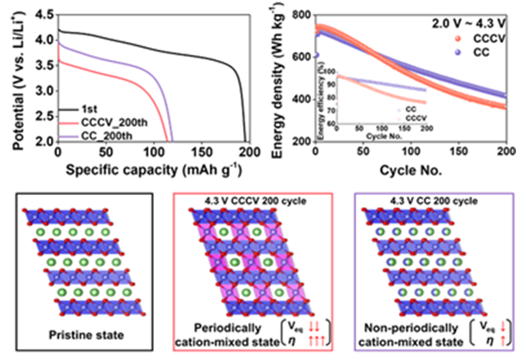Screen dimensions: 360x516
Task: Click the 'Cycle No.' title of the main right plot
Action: point(398,166)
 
